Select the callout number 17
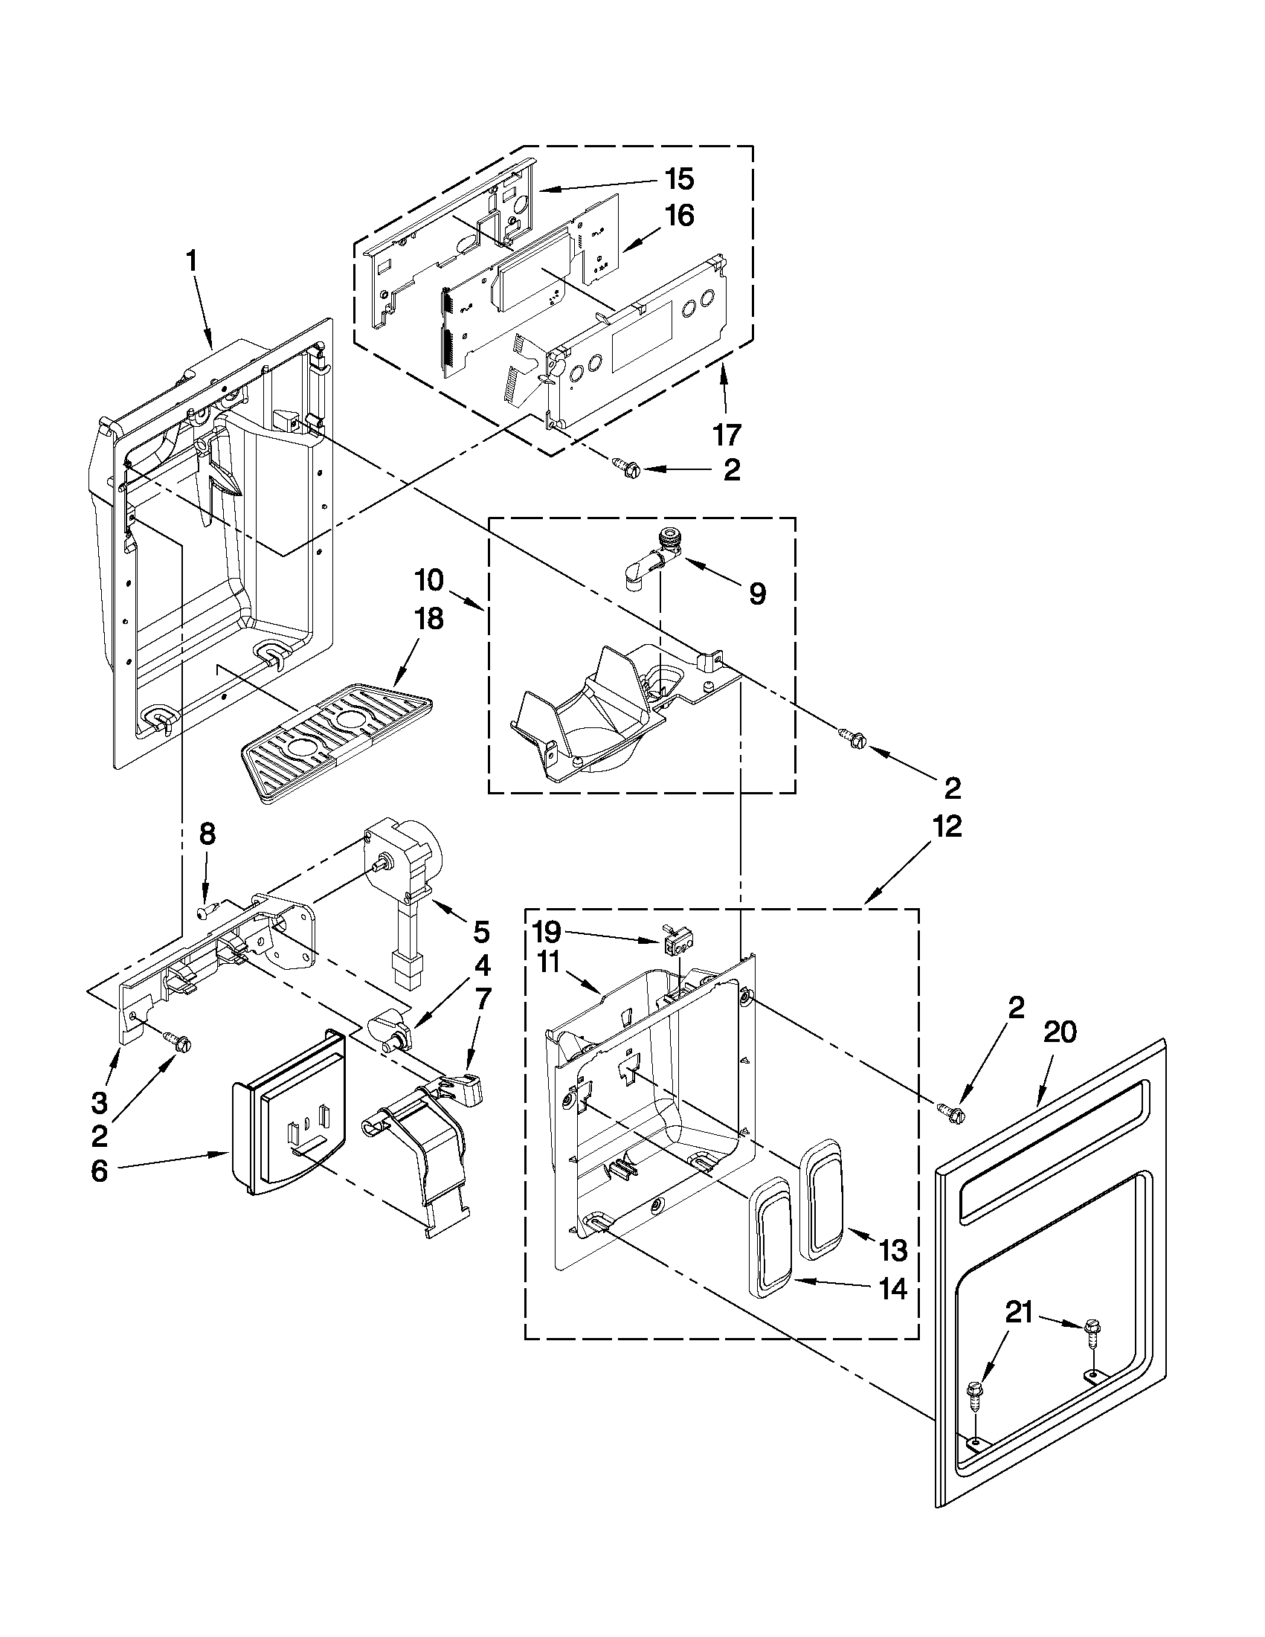pos(726,434)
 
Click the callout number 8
pos(207,834)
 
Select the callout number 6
pos(100,1171)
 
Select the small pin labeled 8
pos(207,911)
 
